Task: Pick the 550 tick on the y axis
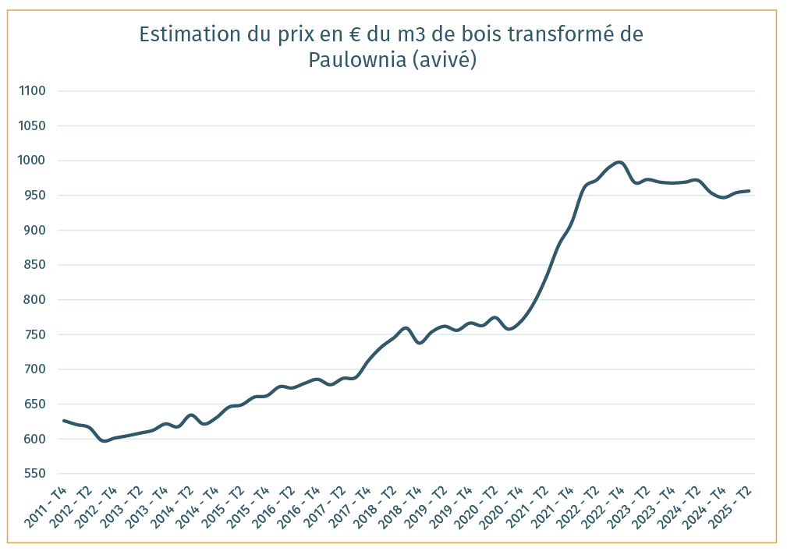click(34, 474)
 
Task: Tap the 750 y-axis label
click(34, 335)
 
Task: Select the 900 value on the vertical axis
click(34, 231)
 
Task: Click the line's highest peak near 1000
click(619, 162)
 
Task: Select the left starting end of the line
click(63, 421)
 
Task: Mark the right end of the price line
click(749, 191)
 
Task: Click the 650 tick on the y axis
click(34, 404)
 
